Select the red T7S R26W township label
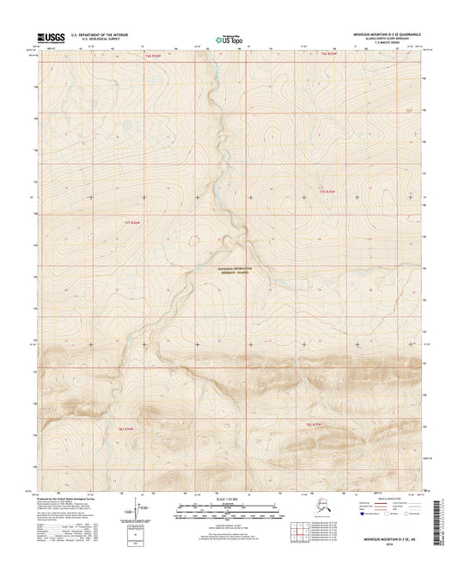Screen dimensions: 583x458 coord(132,222)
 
